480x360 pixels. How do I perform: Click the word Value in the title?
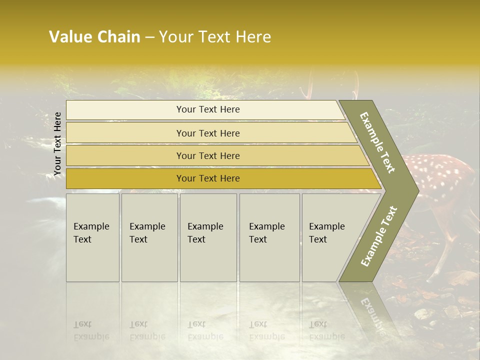(70, 37)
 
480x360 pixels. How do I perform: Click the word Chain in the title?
(118, 37)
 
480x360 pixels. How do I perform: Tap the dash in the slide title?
(149, 37)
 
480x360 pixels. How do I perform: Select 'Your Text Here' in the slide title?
(215, 37)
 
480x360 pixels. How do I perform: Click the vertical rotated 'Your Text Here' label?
(57, 144)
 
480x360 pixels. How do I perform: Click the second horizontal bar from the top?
(207, 133)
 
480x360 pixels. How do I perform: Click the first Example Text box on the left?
(92, 237)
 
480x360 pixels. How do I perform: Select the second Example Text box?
(149, 237)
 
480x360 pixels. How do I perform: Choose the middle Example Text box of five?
(208, 237)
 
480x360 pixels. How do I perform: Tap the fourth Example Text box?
(269, 237)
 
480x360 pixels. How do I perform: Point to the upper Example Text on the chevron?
(378, 142)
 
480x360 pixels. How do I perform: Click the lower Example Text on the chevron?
(379, 236)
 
